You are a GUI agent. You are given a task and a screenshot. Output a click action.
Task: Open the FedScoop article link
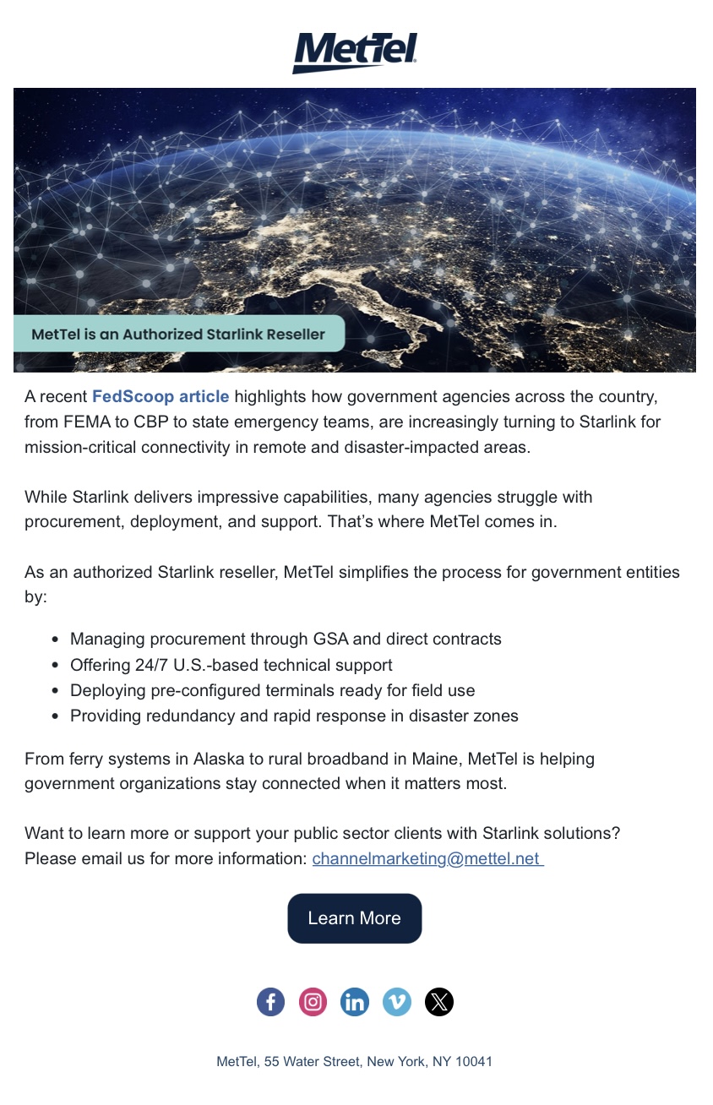click(x=161, y=396)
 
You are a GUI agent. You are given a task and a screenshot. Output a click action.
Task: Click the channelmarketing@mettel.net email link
click(x=427, y=859)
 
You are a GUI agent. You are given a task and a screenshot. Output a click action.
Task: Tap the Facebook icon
click(x=270, y=1002)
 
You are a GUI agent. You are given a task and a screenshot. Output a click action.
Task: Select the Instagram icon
click(x=313, y=1002)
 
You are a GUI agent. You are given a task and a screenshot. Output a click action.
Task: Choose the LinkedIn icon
click(x=355, y=1002)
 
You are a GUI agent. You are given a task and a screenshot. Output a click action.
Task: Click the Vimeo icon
click(x=397, y=1002)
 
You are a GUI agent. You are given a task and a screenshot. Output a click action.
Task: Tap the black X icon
click(x=439, y=1002)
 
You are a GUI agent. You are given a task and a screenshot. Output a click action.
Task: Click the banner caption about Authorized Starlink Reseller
click(x=178, y=334)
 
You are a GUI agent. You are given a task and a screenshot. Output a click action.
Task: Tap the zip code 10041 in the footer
click(x=473, y=1061)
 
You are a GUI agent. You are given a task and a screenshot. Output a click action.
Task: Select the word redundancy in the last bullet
click(x=186, y=716)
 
